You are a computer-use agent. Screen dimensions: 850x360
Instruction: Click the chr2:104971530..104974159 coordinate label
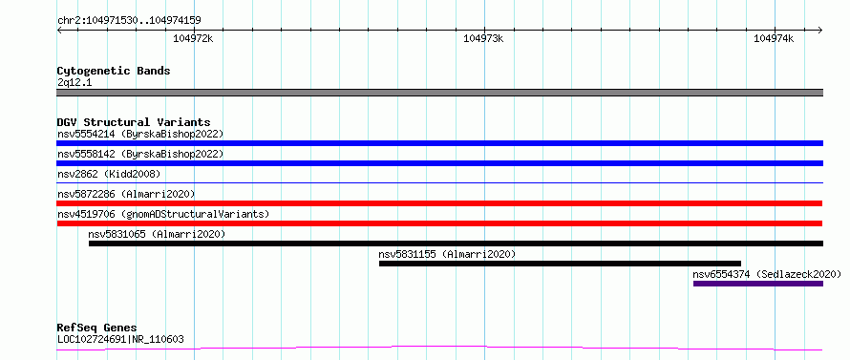click(129, 21)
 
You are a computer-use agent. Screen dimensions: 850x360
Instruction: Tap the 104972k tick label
click(194, 38)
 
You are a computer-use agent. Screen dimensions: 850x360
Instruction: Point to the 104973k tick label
click(483, 38)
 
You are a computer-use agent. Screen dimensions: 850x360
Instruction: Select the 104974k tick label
click(774, 38)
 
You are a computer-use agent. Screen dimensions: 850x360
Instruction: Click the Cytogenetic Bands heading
click(114, 71)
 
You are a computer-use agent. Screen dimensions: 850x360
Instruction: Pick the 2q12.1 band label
click(74, 83)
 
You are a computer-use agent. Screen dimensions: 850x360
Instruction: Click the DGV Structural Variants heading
click(134, 122)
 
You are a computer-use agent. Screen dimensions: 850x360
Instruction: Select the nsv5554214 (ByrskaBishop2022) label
click(140, 134)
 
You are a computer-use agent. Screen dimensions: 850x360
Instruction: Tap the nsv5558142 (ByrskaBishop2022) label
click(140, 154)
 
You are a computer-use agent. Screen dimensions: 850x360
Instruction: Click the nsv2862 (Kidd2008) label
click(109, 174)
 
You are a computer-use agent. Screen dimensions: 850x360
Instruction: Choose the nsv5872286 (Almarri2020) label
click(126, 194)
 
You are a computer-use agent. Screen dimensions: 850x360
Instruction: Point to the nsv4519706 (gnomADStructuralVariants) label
click(163, 214)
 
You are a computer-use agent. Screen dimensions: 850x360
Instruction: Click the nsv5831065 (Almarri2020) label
click(157, 234)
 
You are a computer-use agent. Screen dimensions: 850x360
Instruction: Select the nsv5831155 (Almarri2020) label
click(447, 254)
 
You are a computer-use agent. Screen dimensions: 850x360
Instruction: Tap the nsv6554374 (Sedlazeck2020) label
click(767, 274)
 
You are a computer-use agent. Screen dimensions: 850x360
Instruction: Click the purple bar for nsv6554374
click(758, 284)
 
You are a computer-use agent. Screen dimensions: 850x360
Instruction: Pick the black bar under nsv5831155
click(560, 264)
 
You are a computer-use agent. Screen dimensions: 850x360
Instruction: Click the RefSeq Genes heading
click(97, 328)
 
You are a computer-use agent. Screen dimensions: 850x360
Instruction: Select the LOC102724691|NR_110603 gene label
click(120, 340)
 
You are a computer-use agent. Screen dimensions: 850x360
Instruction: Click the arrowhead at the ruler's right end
click(820, 30)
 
